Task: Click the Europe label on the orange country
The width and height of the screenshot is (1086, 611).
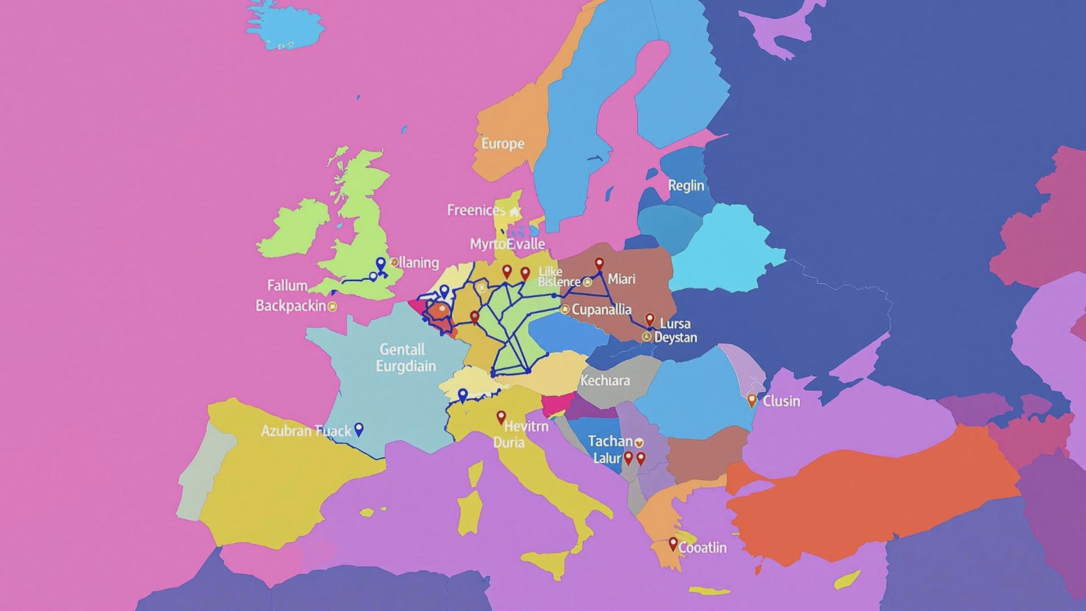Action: [x=502, y=144]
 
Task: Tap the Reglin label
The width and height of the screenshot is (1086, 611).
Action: [x=686, y=186]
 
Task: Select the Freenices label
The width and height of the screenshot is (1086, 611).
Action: [x=476, y=210]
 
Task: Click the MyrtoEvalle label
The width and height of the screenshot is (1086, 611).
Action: [x=507, y=244]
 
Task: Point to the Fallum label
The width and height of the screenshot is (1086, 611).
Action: [x=287, y=285]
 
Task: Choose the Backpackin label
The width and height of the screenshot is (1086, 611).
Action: [x=291, y=306]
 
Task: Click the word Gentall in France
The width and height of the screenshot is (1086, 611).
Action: [x=402, y=349]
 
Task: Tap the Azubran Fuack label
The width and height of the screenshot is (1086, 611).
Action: [x=306, y=431]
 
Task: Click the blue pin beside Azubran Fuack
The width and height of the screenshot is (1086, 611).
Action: [x=359, y=429]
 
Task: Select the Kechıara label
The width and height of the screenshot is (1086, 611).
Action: [x=605, y=380]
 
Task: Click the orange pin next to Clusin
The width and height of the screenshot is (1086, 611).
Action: [x=752, y=401]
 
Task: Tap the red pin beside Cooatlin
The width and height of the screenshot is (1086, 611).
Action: [x=673, y=544]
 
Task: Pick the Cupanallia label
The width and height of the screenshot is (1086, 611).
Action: [x=601, y=309]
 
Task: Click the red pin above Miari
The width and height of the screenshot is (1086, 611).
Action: [x=599, y=264]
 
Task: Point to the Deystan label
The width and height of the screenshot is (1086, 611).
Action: [x=675, y=337]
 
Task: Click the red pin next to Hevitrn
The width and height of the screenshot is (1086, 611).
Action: [x=501, y=418]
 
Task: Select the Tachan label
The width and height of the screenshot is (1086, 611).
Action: [x=610, y=441]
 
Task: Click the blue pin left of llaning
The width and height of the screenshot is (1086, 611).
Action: [x=381, y=264]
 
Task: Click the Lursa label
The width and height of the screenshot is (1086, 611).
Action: [x=675, y=324]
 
